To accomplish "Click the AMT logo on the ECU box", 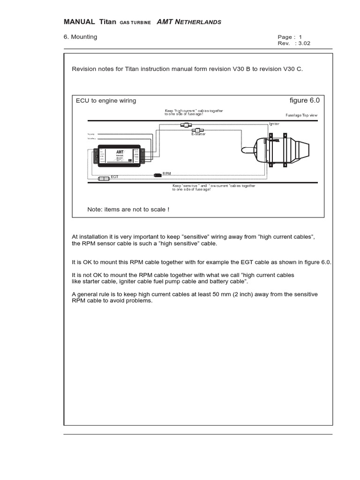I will point(120,152).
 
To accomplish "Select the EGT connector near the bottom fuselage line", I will point(104,179).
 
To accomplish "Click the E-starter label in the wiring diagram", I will point(199,135).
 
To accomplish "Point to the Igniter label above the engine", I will point(274,124).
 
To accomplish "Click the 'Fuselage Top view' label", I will point(302,115).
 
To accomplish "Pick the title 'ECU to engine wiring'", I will point(106,101).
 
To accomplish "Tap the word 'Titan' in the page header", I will point(107,22).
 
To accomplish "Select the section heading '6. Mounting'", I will point(80,37).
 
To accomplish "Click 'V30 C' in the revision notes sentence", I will point(293,69).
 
